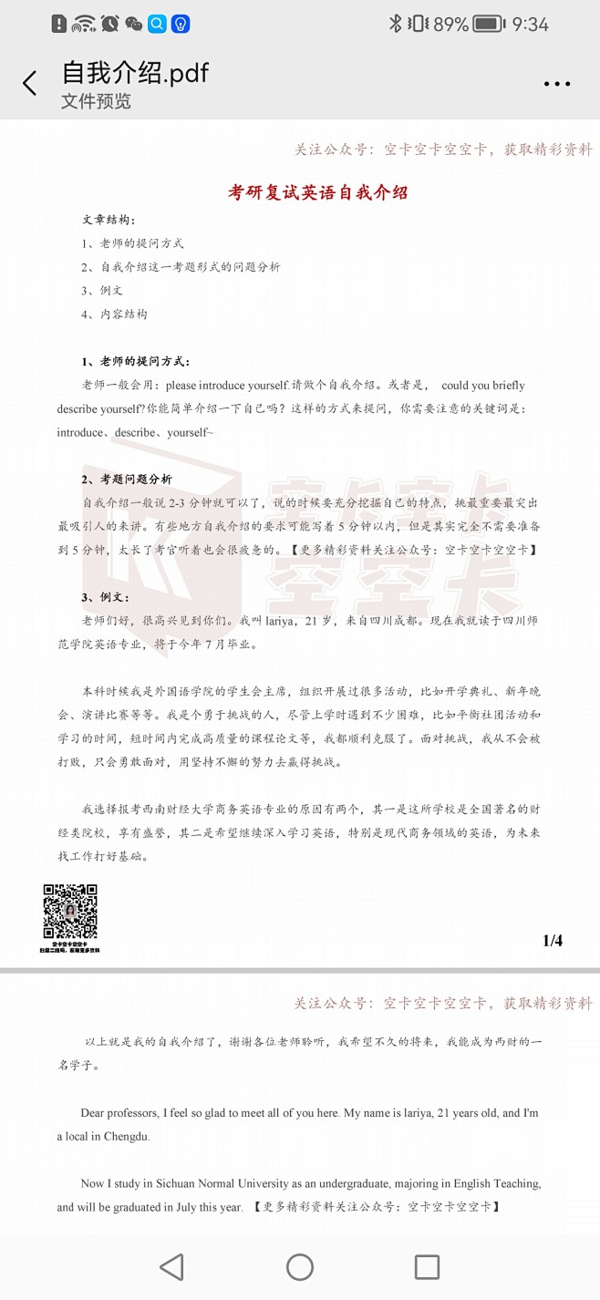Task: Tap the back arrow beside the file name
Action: [x=30, y=84]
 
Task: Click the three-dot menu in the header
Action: [x=556, y=84]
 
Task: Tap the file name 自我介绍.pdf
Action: [x=135, y=73]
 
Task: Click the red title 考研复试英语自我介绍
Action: [x=317, y=192]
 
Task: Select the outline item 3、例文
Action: [x=101, y=291]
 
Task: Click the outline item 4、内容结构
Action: [x=114, y=315]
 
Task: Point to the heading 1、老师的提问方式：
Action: [x=136, y=362]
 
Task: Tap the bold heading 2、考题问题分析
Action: [x=127, y=480]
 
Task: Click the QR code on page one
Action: [x=70, y=912]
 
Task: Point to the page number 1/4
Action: [x=553, y=941]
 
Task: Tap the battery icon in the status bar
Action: [x=489, y=24]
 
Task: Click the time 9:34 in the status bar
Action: [x=531, y=24]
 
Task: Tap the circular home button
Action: [x=300, y=1267]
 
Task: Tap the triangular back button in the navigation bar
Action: [x=171, y=1267]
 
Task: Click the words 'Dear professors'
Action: [x=119, y=1113]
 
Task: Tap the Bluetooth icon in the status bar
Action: [x=396, y=24]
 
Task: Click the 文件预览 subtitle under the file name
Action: [x=96, y=101]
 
